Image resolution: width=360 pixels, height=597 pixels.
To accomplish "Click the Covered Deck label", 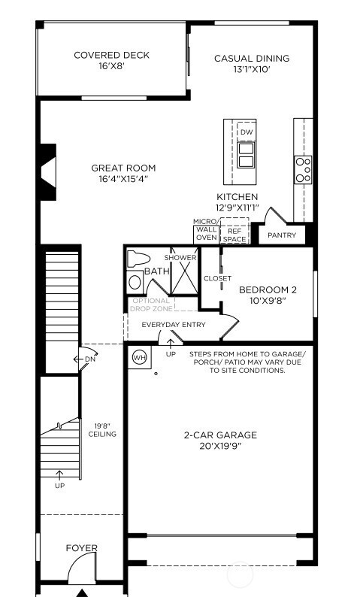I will (111, 55).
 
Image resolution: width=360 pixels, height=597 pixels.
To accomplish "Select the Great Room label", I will (123, 168).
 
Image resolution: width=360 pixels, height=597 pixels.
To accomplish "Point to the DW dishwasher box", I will (246, 132).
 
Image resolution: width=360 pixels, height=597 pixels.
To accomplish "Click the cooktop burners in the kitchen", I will (303, 170).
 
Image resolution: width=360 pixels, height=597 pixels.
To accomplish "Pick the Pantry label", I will (282, 235).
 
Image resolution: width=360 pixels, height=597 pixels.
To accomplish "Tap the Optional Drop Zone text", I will (151, 305).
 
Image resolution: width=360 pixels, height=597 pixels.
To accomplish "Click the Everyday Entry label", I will (174, 326).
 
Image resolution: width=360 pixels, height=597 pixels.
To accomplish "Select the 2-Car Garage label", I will (220, 435).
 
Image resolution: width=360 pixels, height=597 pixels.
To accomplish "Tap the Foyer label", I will (81, 548).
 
